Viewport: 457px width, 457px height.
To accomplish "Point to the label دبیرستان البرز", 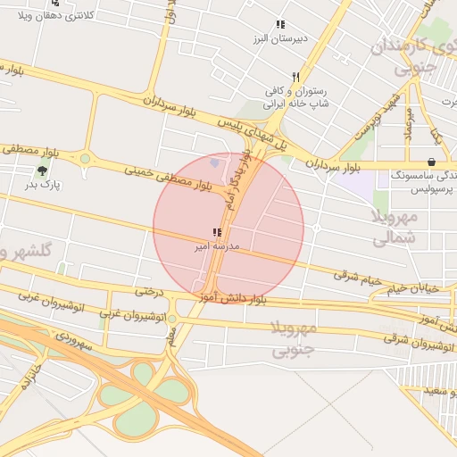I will [x=278, y=39].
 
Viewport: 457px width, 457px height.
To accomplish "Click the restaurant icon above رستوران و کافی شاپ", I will [x=295, y=77].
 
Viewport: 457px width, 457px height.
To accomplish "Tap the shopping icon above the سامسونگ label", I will [x=432, y=162].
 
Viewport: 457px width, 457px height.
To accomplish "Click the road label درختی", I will [x=151, y=291].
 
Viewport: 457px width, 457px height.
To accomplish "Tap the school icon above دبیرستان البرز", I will [x=280, y=25].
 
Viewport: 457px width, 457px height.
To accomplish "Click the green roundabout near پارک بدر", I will [x=86, y=159].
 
